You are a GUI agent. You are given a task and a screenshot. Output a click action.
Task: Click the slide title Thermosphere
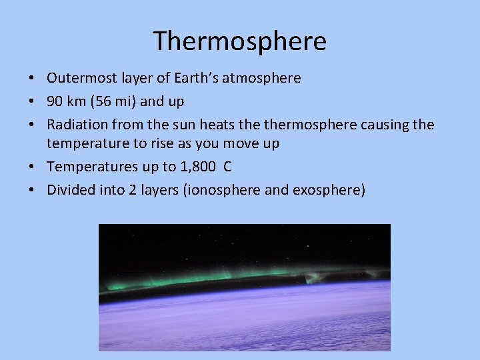pyautogui.click(x=239, y=41)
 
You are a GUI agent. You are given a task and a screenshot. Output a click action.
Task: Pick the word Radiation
pyautogui.click(x=75, y=125)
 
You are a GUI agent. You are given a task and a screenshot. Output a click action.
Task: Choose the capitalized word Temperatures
pyautogui.click(x=89, y=167)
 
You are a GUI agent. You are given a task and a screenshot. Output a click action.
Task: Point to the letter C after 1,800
pyautogui.click(x=228, y=167)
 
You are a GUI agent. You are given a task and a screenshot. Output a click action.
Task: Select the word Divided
pyautogui.click(x=69, y=190)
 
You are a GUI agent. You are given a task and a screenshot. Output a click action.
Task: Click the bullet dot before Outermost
pyautogui.click(x=32, y=79)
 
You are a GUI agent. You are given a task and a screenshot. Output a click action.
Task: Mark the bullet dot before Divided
pyautogui.click(x=32, y=190)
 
